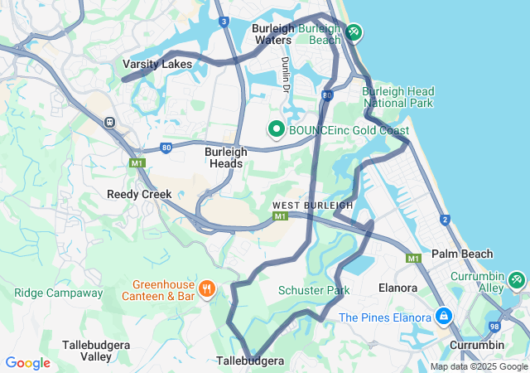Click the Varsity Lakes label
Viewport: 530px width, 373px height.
pos(157,64)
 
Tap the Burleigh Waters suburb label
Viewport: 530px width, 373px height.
pos(272,33)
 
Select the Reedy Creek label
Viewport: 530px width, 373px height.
pos(139,194)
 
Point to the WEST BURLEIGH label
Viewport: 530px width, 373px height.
pos(312,205)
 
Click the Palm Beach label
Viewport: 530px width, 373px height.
pos(461,254)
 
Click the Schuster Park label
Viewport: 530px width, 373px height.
pos(314,290)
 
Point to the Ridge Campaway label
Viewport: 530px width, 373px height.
pos(58,293)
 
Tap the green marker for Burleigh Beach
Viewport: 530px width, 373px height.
pos(354,32)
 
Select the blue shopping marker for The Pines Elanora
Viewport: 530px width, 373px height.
pos(444,317)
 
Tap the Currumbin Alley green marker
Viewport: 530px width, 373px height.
pos(517,280)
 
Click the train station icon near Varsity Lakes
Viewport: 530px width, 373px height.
pos(108,122)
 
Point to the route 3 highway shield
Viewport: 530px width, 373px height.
pos(224,22)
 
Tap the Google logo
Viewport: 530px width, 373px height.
pos(27,363)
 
